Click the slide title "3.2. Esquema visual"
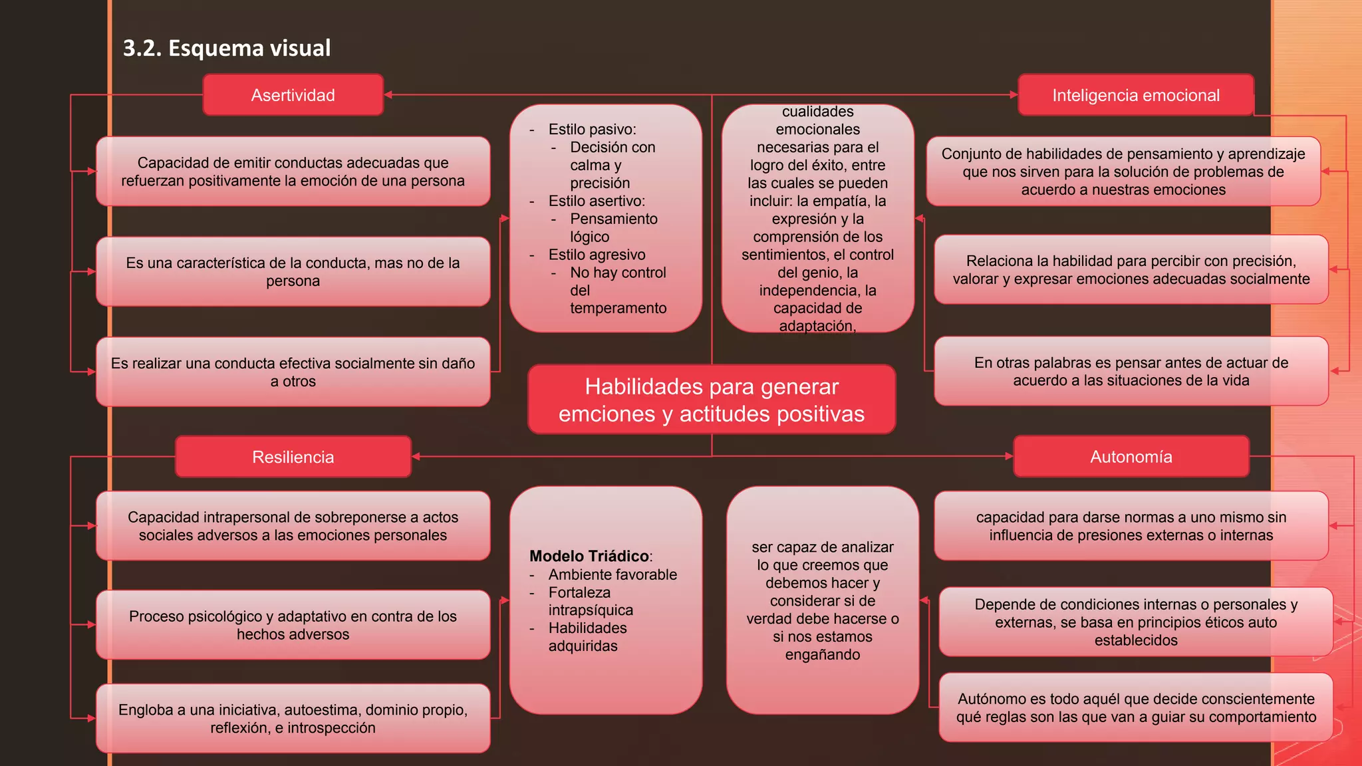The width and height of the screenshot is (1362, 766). click(227, 48)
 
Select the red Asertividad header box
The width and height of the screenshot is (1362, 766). click(293, 95)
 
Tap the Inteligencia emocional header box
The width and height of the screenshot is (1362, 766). click(1135, 95)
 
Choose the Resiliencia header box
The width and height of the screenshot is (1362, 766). click(293, 457)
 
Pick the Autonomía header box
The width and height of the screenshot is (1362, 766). click(1131, 457)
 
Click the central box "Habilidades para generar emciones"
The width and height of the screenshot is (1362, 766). click(711, 400)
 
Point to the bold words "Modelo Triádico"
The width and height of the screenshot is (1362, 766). click(589, 556)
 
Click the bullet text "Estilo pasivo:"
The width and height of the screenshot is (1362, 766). click(592, 129)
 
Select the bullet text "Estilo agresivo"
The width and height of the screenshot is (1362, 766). click(597, 255)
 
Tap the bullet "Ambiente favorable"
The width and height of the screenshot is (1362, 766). click(613, 574)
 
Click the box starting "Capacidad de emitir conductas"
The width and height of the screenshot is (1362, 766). click(293, 172)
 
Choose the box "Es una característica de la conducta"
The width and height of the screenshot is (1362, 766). click(293, 271)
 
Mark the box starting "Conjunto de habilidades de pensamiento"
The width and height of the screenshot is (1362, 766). click(1123, 172)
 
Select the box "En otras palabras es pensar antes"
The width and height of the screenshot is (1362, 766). click(1131, 371)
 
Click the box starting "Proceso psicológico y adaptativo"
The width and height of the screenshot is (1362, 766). click(293, 625)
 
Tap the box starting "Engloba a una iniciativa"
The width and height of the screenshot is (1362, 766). click(293, 718)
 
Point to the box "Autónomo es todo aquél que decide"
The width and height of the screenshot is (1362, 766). click(1135, 707)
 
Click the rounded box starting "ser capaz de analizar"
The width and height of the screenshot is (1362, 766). click(822, 600)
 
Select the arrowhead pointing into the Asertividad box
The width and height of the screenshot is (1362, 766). click(388, 95)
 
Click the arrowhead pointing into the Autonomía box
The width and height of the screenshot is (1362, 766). click(1009, 456)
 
